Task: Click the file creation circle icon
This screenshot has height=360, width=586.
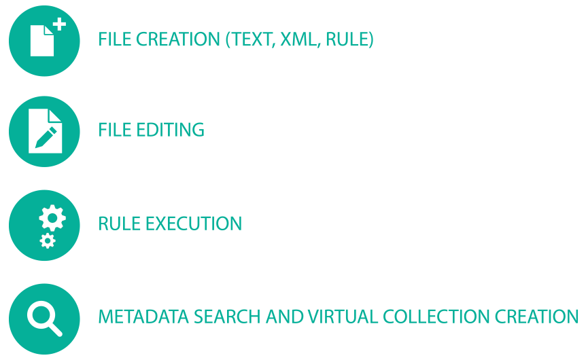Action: coord(44,40)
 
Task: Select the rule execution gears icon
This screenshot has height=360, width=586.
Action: coord(44,224)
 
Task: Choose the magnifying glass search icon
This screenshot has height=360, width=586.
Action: coord(44,317)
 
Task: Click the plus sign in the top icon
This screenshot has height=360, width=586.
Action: coord(60,24)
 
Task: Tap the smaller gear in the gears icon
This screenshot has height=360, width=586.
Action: coord(47,240)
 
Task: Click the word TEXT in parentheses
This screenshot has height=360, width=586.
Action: coord(251,40)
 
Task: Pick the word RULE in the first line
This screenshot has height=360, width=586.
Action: coord(348,40)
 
